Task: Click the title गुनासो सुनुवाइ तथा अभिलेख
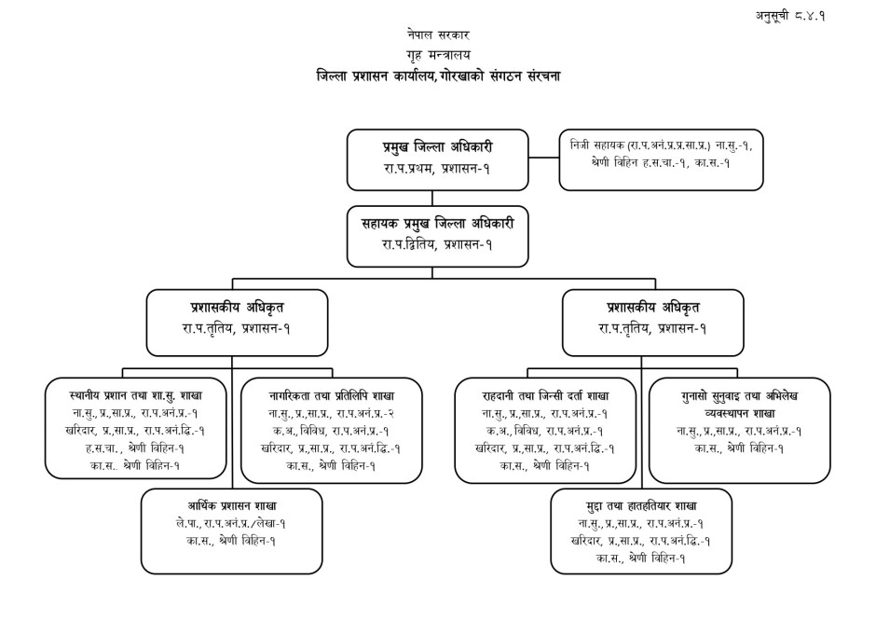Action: [x=739, y=395]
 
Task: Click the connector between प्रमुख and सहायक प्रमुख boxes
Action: [x=431, y=196]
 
